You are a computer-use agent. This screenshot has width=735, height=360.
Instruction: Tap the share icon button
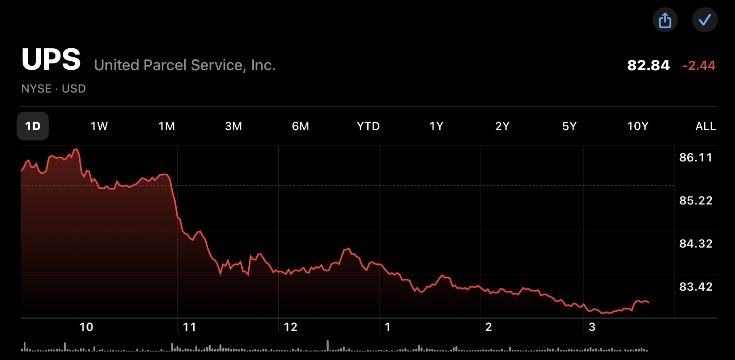tap(665, 20)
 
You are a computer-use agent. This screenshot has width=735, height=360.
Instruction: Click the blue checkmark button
tap(705, 20)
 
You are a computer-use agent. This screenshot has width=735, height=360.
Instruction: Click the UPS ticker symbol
tap(51, 59)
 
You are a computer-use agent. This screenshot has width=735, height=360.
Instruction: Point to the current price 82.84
tap(648, 65)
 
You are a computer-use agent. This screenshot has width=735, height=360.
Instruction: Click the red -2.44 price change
tap(699, 65)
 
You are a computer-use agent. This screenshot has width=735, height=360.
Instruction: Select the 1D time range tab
tap(33, 126)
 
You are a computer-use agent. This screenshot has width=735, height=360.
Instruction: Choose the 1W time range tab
tap(99, 126)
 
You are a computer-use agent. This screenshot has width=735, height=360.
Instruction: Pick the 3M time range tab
tap(234, 126)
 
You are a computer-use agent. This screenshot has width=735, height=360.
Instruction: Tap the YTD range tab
tap(368, 126)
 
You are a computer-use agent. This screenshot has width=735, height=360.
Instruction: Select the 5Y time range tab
tap(569, 126)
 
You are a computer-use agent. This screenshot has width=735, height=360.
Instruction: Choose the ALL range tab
tap(705, 126)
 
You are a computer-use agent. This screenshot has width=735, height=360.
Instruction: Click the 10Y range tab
tap(637, 126)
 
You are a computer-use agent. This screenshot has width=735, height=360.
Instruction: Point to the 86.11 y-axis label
tap(696, 157)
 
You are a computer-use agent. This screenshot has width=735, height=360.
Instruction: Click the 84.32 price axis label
tap(696, 244)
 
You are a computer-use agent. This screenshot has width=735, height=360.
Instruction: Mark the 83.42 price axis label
tap(696, 287)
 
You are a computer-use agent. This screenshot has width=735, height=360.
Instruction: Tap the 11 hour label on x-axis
tap(189, 327)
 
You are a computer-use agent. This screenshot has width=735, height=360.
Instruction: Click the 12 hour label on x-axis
tap(290, 327)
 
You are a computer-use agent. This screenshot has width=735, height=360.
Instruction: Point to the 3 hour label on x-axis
tap(592, 327)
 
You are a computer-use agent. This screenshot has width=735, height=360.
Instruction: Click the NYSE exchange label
tap(36, 89)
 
